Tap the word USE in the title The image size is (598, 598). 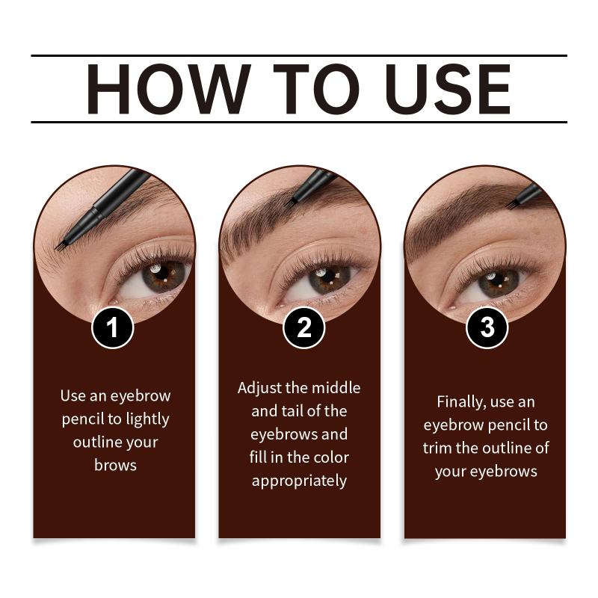point(448,89)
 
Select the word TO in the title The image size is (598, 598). point(316,89)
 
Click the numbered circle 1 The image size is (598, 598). point(113,327)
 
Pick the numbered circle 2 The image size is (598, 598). point(304,327)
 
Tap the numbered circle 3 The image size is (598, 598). point(487,327)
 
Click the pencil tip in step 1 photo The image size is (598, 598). point(58,248)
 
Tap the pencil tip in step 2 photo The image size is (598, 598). point(288,203)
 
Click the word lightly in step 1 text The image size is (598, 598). point(147,419)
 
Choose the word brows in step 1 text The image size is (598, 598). point(115,465)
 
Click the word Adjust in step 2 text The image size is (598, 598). point(259,389)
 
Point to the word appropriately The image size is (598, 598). point(299,481)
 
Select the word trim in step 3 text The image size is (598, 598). point(437,448)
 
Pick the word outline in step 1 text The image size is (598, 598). point(97,442)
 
